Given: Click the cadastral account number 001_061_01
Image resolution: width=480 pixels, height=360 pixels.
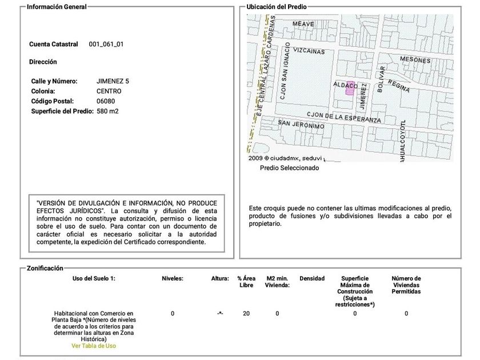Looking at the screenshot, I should pos(106,44).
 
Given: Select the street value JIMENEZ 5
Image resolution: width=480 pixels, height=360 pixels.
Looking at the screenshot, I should pos(113,81).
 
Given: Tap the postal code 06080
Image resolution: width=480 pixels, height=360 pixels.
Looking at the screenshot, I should pos(105,101).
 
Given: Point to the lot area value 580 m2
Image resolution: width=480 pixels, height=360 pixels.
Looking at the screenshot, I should pos(108,111).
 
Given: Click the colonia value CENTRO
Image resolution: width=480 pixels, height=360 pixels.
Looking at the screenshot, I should pos(109,91).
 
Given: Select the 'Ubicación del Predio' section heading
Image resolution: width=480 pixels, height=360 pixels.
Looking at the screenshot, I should pos(277,7).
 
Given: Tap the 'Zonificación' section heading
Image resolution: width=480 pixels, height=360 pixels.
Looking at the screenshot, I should pos(45,268).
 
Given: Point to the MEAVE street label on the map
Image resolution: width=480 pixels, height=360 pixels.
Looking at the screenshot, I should pos(303,24).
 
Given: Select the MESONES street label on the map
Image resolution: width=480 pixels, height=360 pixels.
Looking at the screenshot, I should pos(415,59).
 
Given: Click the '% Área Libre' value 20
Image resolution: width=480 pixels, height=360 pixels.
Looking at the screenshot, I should pos(246,313).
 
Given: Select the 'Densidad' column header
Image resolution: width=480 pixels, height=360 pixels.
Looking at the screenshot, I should pos(311,279).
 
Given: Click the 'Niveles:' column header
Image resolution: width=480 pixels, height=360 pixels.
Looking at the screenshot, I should pos(173,279).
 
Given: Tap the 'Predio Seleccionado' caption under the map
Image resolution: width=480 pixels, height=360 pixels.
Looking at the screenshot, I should pos(289,168).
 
